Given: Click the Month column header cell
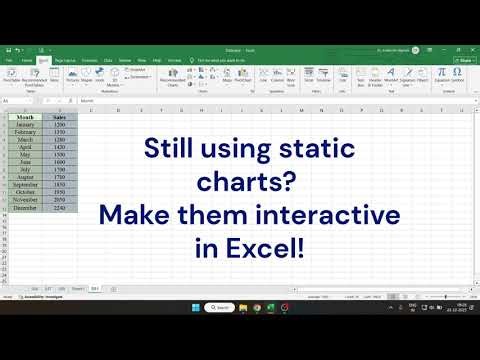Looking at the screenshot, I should (x=25, y=117).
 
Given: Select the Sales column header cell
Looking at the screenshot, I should (x=60, y=117).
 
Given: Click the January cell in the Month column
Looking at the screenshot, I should (x=25, y=124).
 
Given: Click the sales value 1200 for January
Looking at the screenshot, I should (x=60, y=124).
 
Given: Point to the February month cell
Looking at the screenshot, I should (x=25, y=130).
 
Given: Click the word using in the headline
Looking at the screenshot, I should (x=241, y=150).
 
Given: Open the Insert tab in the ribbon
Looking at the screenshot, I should (x=44, y=60).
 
